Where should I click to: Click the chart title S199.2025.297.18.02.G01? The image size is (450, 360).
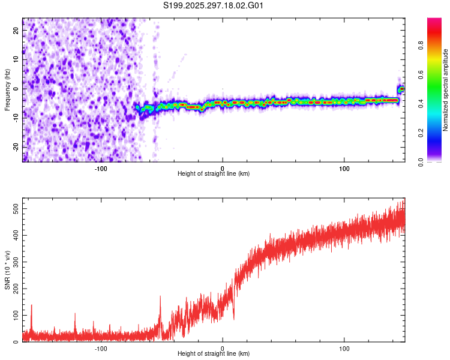pos(214,6)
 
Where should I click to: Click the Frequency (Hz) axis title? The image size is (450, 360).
pos(7,90)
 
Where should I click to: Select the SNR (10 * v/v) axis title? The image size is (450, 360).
pos(7,270)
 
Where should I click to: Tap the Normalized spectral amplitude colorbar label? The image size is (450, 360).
pos(445,90)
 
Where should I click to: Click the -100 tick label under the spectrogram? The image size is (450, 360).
pos(101,169)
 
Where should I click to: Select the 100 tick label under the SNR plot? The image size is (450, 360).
pos(344,349)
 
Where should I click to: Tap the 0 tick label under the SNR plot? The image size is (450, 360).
pos(223,349)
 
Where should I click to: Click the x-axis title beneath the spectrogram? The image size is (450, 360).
pos(214,174)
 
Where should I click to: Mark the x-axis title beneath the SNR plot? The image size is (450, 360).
pos(214,354)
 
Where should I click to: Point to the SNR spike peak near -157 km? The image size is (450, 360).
pos(31,305)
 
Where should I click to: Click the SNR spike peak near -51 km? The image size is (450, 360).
pos(160,296)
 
